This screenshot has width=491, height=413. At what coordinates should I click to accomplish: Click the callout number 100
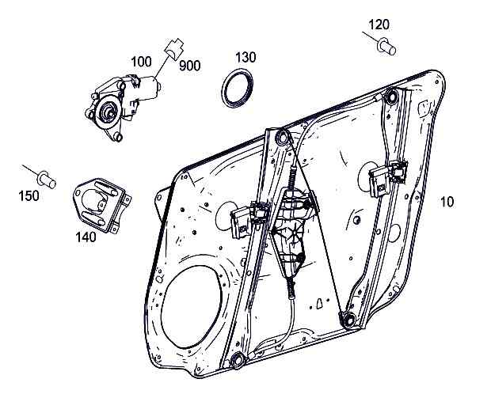pyautogui.click(x=141, y=61)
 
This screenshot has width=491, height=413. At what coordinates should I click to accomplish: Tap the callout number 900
pyautogui.click(x=188, y=66)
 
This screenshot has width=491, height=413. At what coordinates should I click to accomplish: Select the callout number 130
pyautogui.click(x=246, y=57)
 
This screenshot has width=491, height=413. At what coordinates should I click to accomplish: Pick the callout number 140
pyautogui.click(x=85, y=236)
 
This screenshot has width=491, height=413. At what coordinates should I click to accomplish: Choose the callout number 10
pyautogui.click(x=447, y=202)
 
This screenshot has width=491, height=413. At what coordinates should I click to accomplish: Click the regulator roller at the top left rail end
pyautogui.click(x=280, y=139)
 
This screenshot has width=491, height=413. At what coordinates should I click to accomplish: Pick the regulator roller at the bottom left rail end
pyautogui.click(x=235, y=362)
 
